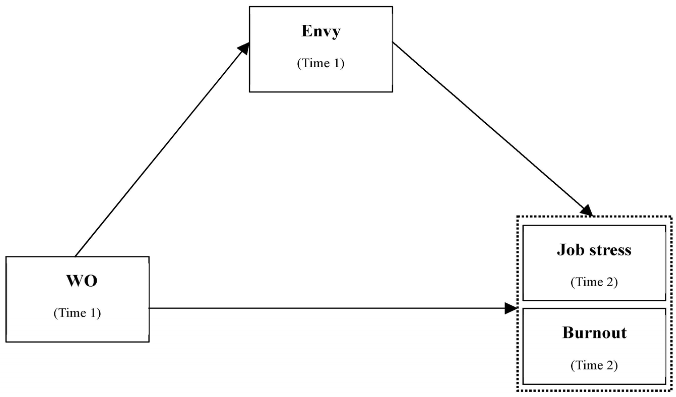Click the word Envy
click(321, 32)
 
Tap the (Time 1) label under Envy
click(320, 63)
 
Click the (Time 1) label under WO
click(77, 313)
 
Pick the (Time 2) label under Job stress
click(594, 282)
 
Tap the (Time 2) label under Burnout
click(594, 365)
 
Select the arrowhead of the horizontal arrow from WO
click(510, 308)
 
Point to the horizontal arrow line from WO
click(322, 308)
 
